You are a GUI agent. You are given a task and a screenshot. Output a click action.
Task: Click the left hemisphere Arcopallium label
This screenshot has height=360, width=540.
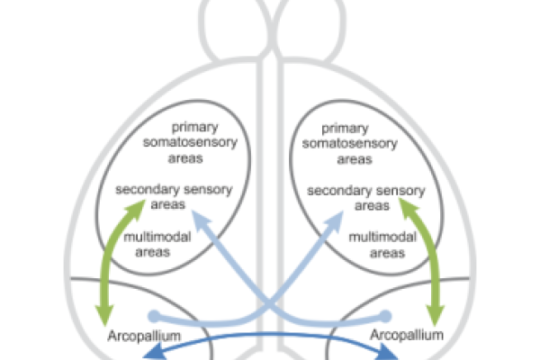[x=144, y=336]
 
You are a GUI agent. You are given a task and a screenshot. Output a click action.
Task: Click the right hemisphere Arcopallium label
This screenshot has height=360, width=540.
[x=407, y=335]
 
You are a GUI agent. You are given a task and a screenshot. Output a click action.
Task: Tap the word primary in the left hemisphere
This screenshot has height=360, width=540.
[x=195, y=127]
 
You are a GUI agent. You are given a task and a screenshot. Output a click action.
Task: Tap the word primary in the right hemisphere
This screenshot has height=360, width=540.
[x=345, y=129]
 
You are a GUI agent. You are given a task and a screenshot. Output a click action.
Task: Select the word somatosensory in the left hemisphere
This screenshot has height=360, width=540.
[x=190, y=142]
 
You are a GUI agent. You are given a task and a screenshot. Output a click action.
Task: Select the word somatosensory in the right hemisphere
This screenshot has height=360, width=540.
[x=350, y=143]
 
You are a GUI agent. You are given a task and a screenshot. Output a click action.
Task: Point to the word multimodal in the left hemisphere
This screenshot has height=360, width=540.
[x=157, y=237]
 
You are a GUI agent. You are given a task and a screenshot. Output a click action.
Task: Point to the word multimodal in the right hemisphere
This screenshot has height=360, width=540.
[x=382, y=237]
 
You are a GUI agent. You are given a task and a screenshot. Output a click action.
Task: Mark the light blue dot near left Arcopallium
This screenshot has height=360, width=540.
[x=154, y=316]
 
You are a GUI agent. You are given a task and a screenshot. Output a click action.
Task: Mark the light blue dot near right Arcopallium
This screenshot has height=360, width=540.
[x=385, y=316]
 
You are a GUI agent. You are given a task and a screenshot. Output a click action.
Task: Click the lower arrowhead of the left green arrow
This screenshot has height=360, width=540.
[x=104, y=314]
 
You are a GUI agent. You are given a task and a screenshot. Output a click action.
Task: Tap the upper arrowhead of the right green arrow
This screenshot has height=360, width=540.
[x=409, y=208]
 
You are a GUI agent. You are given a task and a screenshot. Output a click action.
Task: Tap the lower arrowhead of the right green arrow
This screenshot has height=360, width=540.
[x=435, y=314]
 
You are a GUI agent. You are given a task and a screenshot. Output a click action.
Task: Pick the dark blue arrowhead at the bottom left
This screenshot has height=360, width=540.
[x=154, y=352]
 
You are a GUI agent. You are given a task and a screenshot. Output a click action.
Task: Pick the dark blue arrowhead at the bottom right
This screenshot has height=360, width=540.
[x=387, y=353]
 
